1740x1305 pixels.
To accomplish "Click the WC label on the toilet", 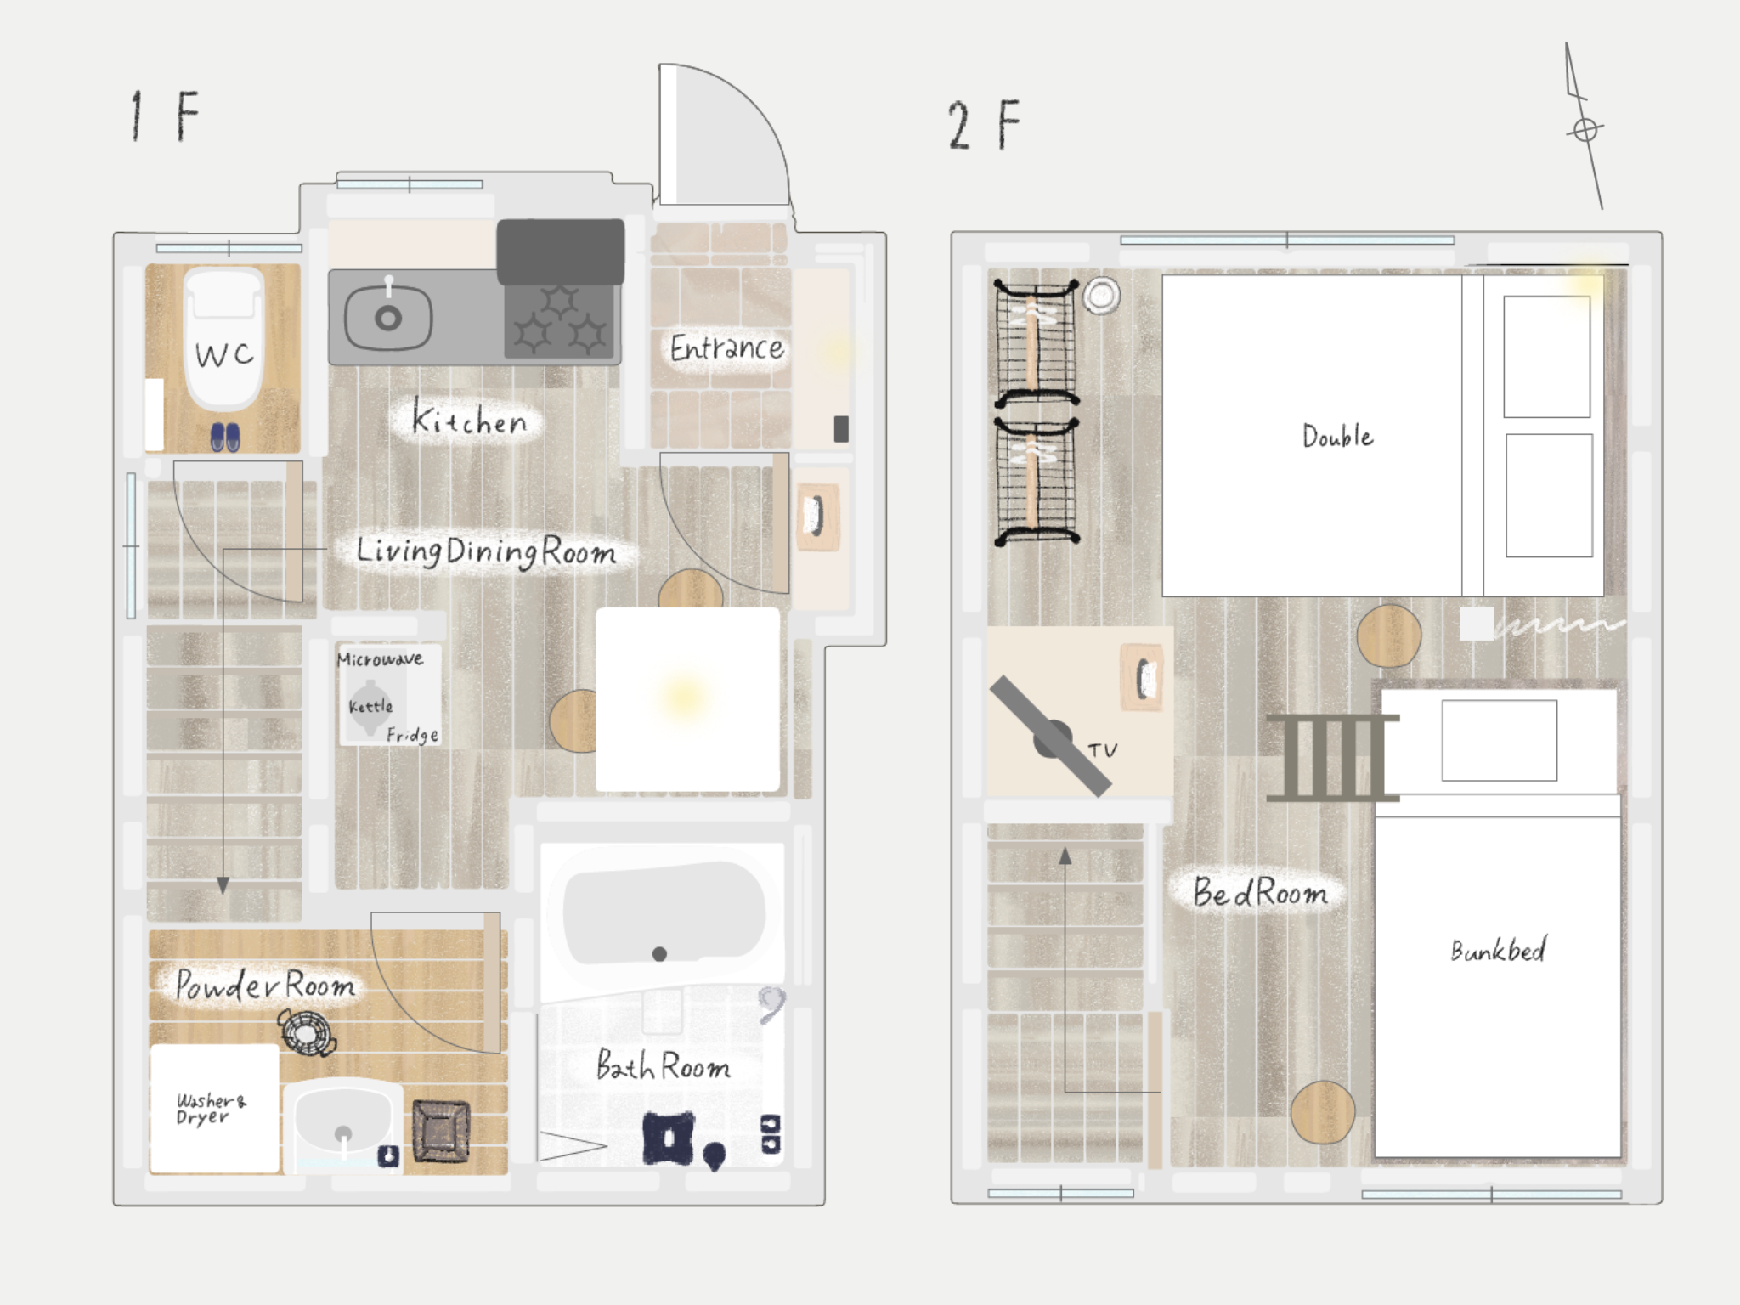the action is click(x=224, y=353).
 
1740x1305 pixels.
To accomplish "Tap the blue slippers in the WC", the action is click(x=225, y=438).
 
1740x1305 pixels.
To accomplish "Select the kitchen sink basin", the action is click(x=388, y=318).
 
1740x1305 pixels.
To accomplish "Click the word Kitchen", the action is click(x=469, y=418).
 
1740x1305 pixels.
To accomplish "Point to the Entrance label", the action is click(x=726, y=348).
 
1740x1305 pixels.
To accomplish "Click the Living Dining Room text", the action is click(x=485, y=552).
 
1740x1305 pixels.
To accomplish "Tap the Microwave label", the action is click(x=380, y=658).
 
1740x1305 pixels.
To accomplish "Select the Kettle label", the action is click(x=370, y=706).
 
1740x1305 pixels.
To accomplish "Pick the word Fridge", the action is click(x=413, y=735).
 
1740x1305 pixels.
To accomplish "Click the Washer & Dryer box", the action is click(x=214, y=1109).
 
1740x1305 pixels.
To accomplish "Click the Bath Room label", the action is click(x=663, y=1065).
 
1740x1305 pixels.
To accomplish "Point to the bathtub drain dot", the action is click(x=659, y=954).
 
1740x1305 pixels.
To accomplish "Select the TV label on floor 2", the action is click(x=1103, y=750).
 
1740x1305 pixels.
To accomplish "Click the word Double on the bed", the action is click(x=1338, y=436).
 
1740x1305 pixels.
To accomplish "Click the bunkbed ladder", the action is click(x=1332, y=758).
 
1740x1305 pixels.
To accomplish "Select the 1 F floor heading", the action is click(x=165, y=116).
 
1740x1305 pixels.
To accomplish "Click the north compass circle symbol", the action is click(x=1585, y=130).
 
